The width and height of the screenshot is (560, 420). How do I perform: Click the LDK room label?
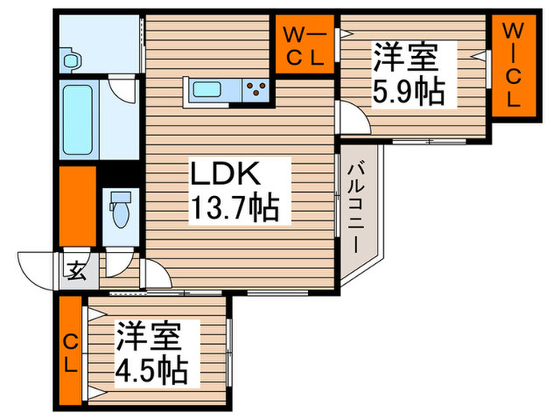[x=225, y=174]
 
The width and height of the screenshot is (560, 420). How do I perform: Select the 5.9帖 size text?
[x=408, y=93]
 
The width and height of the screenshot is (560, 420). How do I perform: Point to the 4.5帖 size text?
[x=151, y=370]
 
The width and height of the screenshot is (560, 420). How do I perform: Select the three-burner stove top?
[x=257, y=88]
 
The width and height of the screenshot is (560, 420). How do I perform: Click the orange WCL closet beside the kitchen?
[x=306, y=45]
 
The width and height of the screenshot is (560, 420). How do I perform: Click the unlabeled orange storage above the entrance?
[x=77, y=206]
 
